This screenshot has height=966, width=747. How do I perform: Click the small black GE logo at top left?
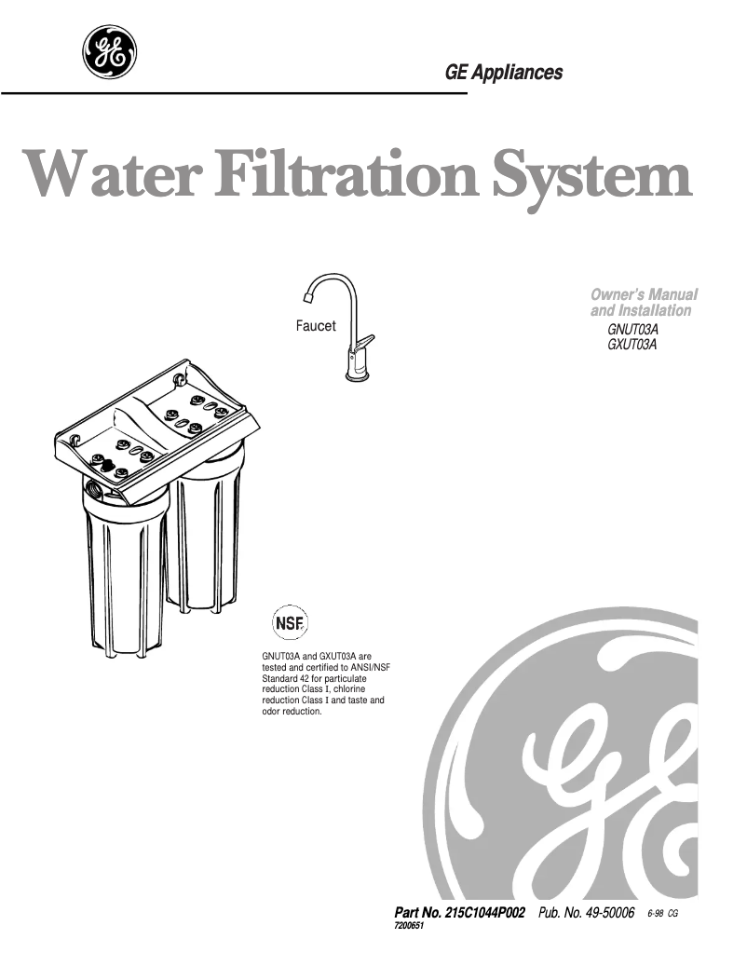109,52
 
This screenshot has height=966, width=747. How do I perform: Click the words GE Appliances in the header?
503,73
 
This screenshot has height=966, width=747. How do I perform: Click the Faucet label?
316,326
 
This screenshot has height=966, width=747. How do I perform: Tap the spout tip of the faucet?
308,297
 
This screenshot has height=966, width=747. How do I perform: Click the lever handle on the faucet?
364,342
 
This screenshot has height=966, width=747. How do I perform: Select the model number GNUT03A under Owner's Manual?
632,330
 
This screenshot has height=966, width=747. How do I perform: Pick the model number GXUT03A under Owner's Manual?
632,345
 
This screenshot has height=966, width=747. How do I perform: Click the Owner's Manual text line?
645,294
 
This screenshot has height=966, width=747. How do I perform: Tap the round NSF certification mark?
290,623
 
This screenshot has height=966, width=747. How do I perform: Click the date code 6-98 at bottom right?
655,914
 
